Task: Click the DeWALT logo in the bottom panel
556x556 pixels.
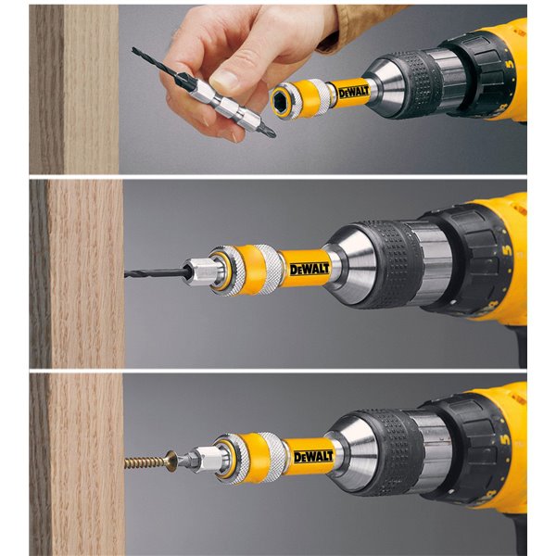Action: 311,457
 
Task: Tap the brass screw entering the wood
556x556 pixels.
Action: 148,461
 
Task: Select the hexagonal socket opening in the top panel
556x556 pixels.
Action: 281,99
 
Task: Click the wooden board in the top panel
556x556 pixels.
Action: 74,88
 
